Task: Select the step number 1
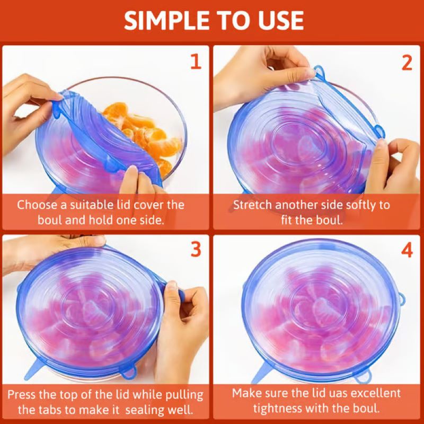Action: pos(196,62)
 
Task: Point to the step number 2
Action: pos(407,62)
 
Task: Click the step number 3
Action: pos(196,249)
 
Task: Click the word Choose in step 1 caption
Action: pos(38,205)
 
